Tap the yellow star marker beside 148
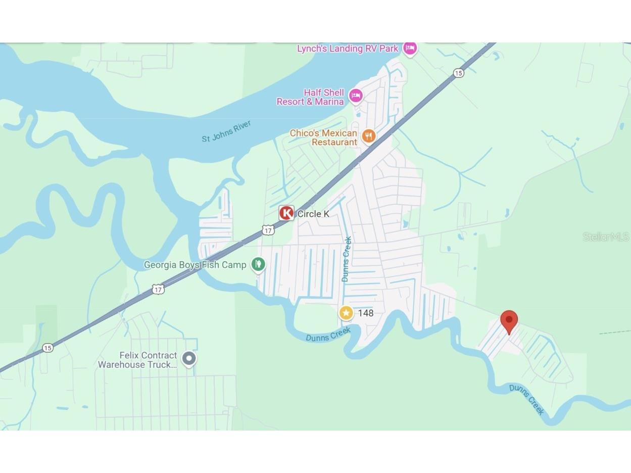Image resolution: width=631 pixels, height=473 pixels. pos(346,313)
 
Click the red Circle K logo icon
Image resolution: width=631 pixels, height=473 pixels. pos(286,213)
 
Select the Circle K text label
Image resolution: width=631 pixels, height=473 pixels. pos(313,214)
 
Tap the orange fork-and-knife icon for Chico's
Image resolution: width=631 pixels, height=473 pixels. pos(369,135)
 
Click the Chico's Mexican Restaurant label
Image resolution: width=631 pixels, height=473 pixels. pos(324,137)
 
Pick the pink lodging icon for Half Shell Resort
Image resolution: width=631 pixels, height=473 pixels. pos(356,96)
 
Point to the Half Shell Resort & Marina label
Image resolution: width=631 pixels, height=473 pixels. pos(310,97)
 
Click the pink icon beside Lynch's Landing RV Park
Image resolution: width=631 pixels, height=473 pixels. pos(410,48)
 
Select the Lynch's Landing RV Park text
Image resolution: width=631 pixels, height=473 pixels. pos(348,49)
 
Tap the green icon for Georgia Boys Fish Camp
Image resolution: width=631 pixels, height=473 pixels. pos(258,264)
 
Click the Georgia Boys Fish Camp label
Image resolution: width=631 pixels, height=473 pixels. pos(195,265)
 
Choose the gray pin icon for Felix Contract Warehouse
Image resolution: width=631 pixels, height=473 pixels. pos(189,358)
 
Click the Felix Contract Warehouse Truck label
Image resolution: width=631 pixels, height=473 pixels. pos(137,360)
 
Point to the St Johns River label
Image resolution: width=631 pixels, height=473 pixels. pos(226,131)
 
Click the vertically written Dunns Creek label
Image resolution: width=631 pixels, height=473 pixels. pos(346,259)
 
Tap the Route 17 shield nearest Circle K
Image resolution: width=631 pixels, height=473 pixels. pos(268,230)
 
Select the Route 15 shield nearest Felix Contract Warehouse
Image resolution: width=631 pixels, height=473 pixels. pos(47,348)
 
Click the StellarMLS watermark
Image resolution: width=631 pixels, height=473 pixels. pos(605,236)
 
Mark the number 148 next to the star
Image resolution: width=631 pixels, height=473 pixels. pos(366,313)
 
